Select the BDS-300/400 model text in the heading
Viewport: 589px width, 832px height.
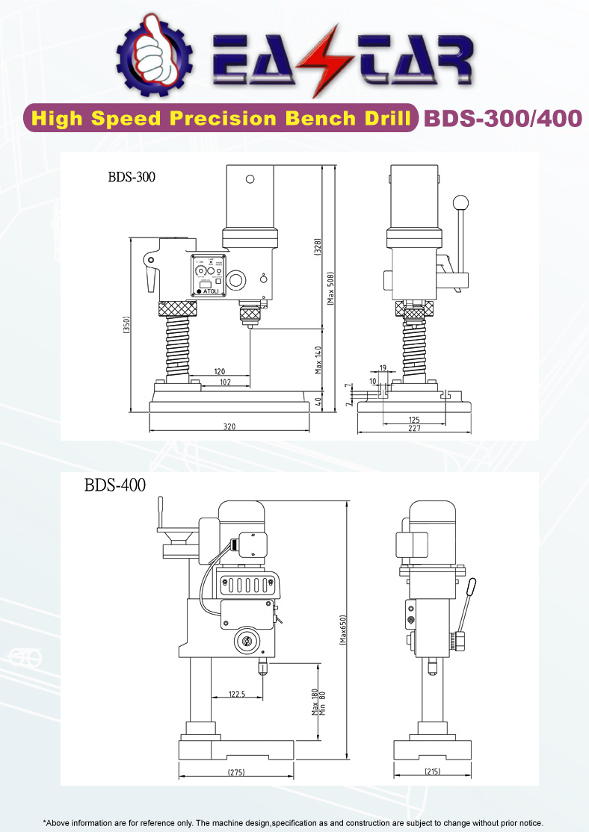point(502,119)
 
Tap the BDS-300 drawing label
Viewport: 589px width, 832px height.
point(132,177)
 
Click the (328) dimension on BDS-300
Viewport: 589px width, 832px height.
point(317,247)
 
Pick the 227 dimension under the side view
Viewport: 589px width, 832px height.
point(414,428)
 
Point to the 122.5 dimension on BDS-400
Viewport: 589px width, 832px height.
point(236,694)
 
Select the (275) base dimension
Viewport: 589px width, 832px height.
point(236,772)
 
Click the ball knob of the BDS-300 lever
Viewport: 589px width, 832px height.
point(462,202)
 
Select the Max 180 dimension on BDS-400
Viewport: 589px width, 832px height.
point(315,701)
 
